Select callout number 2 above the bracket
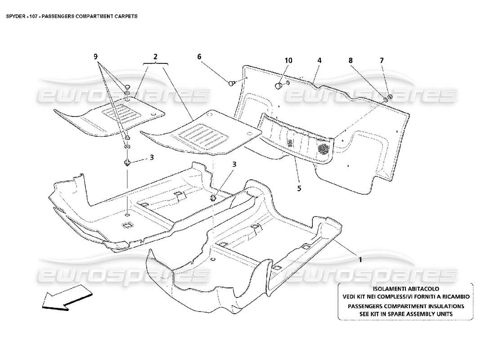tap(155, 57)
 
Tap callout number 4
tap(319, 60)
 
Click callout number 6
tap(198, 57)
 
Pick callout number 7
tap(382, 60)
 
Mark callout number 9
tap(95, 57)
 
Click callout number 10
tap(288, 60)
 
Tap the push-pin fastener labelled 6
tap(233, 82)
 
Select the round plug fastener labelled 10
tap(279, 85)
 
